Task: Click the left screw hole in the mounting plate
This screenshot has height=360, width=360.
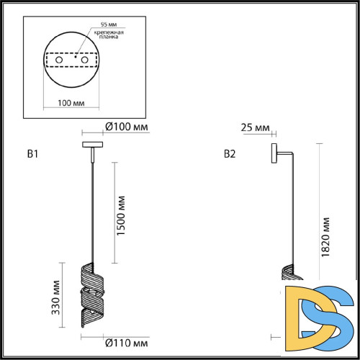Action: [50, 60]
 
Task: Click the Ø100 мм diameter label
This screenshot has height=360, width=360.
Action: [127, 127]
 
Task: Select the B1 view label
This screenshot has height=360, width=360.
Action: [32, 153]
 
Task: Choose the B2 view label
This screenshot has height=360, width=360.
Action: [230, 153]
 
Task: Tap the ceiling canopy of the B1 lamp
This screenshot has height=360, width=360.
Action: [93, 145]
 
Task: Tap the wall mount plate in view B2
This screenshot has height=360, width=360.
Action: [274, 153]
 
